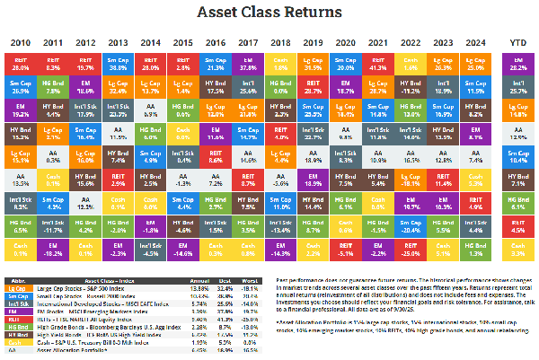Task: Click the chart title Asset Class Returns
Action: click(x=269, y=13)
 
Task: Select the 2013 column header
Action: click(x=117, y=42)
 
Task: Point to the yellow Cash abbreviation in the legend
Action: click(x=17, y=341)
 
